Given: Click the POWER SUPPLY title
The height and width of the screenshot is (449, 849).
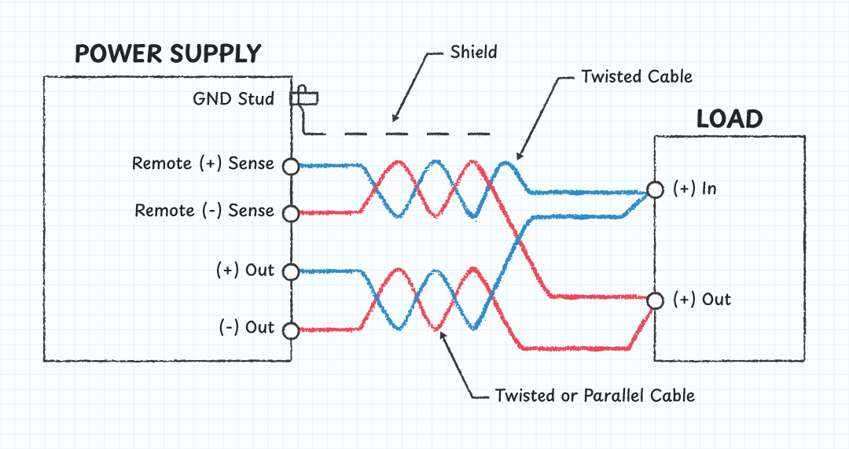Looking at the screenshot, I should point(167,53).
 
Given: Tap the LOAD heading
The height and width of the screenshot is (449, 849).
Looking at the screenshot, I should point(730,120).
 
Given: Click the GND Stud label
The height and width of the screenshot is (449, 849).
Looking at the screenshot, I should point(233,99).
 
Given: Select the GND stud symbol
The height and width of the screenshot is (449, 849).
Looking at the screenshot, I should point(304,98).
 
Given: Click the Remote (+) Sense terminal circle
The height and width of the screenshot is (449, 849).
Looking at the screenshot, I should point(290,166).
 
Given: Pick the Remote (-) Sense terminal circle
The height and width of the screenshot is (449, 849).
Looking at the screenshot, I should point(290,213).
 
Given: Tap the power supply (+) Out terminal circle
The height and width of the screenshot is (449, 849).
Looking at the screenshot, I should point(290,272).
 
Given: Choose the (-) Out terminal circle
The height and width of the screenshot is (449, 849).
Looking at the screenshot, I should point(290,330).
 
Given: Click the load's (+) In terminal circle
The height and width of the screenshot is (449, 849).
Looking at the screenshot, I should point(654,190).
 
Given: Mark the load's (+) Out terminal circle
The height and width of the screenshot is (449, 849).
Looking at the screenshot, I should point(654,300).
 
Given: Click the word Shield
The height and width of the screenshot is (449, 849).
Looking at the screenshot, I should point(474,53).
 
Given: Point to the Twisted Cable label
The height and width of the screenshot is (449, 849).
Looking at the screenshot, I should point(637,76).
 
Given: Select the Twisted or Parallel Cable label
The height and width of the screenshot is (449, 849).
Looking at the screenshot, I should point(595,395).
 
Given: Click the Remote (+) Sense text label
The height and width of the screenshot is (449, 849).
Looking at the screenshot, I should point(203,164).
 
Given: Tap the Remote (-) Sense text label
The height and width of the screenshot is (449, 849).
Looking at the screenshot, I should point(204,211).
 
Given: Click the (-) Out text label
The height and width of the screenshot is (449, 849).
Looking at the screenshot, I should point(246,327).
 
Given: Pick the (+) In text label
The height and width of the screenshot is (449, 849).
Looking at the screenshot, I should point(695,189).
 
